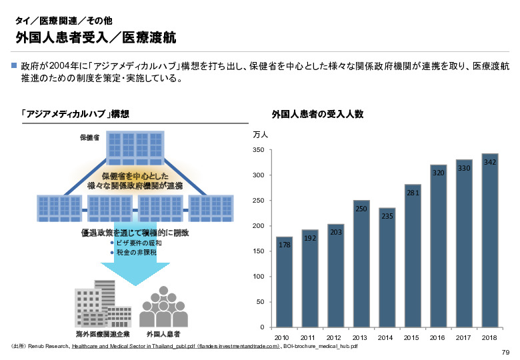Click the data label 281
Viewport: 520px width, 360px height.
(412, 193)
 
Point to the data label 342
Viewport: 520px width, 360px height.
(490, 163)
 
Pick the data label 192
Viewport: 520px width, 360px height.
(310, 238)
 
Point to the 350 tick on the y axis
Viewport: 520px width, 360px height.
(259, 150)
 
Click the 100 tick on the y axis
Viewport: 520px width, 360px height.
(259, 277)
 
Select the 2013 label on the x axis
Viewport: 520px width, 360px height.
(361, 337)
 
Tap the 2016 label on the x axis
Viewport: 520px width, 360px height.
(438, 337)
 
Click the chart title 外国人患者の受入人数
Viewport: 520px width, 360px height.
(317, 114)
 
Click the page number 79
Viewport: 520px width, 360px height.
(505, 353)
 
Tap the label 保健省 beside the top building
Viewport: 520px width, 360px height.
(90, 137)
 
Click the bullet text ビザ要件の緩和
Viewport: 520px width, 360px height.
(139, 243)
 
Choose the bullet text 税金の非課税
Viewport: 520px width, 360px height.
(136, 253)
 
